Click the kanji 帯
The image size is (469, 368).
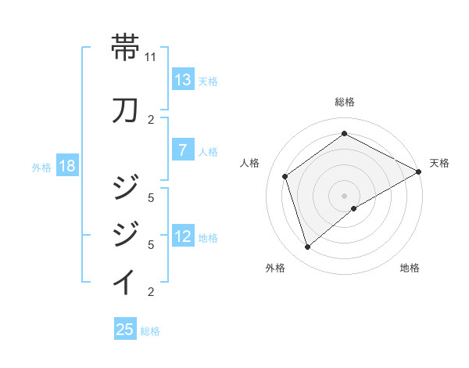pyautogui.click(x=126, y=47)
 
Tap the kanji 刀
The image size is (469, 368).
pyautogui.click(x=126, y=110)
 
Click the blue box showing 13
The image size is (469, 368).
pyautogui.click(x=183, y=80)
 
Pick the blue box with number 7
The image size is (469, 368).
pyautogui.click(x=183, y=150)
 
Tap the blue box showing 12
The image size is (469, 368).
pyautogui.click(x=183, y=236)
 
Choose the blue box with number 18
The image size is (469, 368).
pyautogui.click(x=66, y=166)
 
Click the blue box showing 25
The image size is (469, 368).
pyautogui.click(x=125, y=330)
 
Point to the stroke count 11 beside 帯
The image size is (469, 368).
pyautogui.click(x=151, y=57)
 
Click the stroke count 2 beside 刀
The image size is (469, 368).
pyautogui.click(x=151, y=120)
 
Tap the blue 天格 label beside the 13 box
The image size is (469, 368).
pyautogui.click(x=208, y=81)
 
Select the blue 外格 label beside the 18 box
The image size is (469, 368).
pyautogui.click(x=41, y=167)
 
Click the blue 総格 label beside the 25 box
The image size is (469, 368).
pyautogui.click(x=150, y=330)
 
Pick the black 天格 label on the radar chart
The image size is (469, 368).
pyautogui.click(x=439, y=163)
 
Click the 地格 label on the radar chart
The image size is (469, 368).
pyautogui.click(x=410, y=269)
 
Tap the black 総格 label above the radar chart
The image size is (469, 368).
pyautogui.click(x=344, y=102)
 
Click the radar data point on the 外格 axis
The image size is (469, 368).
pyautogui.click(x=307, y=247)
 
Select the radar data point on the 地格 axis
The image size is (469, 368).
pyautogui.click(x=354, y=208)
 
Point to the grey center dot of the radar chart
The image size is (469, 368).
pyautogui.click(x=344, y=195)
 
